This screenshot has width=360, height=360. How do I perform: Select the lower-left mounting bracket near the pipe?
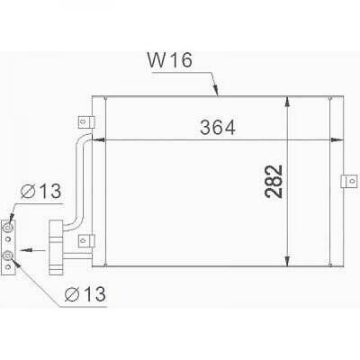pos(85,240)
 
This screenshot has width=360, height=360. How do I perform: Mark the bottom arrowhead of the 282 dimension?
pos(288,257)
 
